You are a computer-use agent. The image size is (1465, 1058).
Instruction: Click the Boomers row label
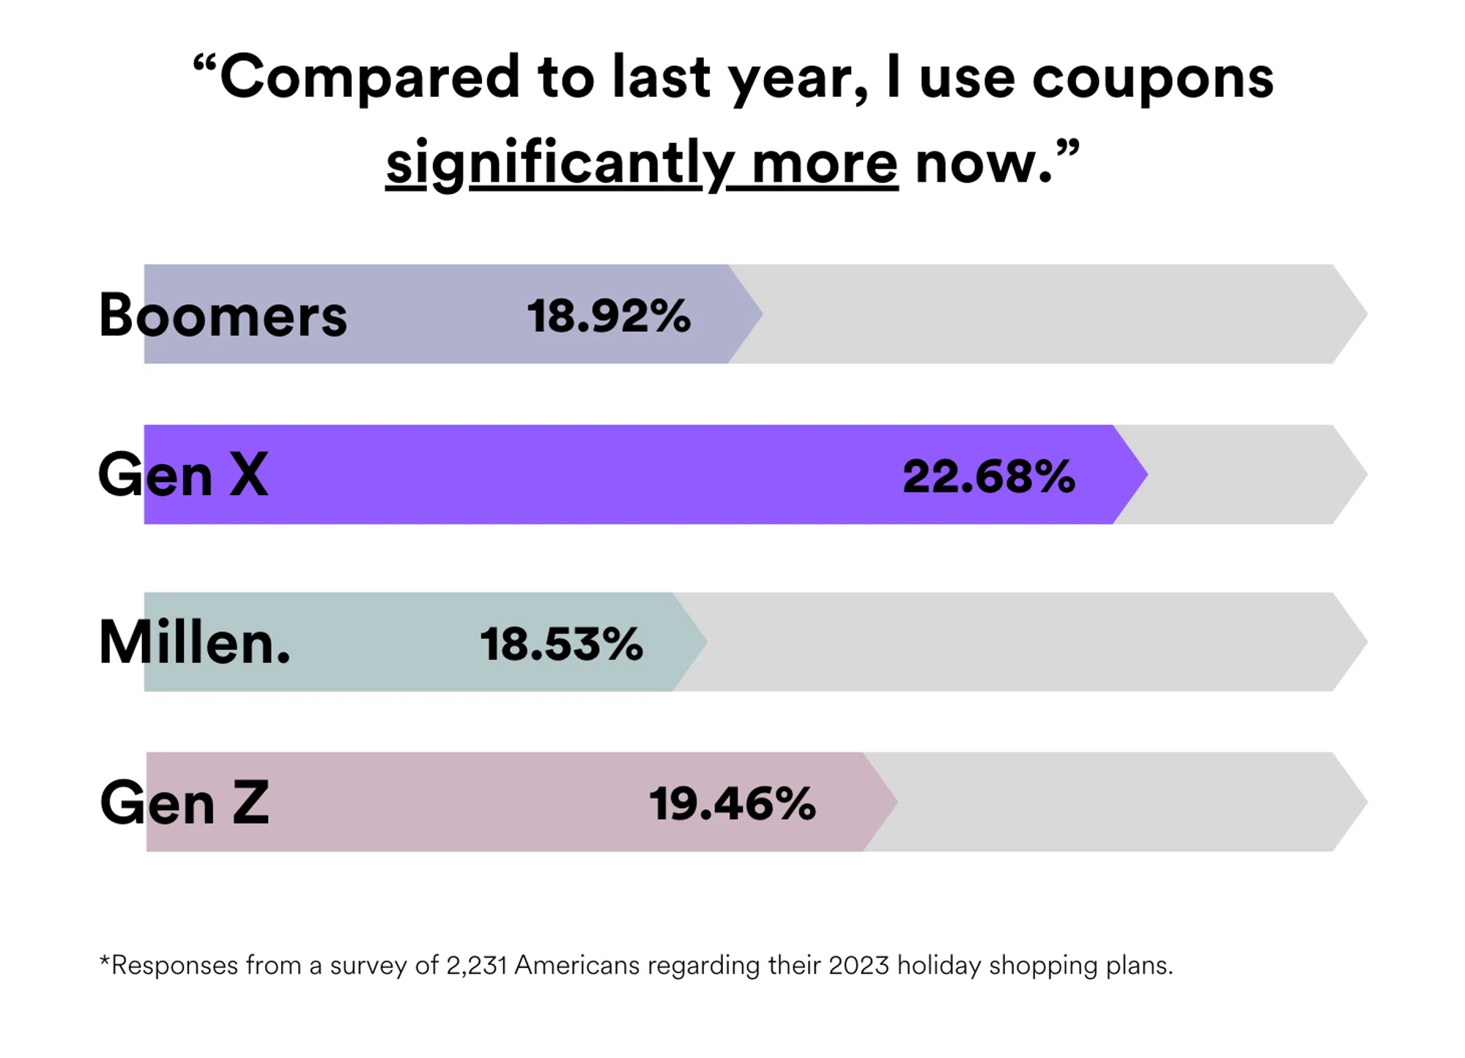pos(223,316)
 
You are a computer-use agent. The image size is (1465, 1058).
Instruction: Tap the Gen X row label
pos(183,475)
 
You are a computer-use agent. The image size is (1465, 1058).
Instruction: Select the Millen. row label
pos(195,643)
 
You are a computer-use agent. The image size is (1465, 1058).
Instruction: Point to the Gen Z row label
pos(185,802)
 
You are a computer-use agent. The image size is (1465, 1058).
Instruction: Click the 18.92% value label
pos(608,316)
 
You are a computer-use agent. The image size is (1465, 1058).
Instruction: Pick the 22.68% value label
pos(988,476)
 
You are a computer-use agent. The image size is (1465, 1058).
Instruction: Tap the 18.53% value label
pos(561,644)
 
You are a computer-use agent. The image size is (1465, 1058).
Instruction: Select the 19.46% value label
pos(732,803)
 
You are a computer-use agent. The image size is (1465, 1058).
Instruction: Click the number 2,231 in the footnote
pos(476,965)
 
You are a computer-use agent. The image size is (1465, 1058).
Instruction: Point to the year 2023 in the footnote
pos(858,965)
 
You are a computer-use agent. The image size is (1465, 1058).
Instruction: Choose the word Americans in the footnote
pos(577,965)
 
